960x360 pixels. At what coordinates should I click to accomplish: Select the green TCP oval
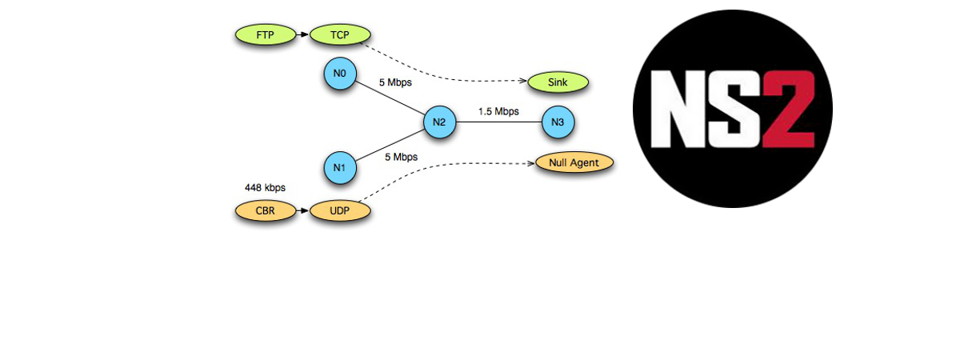click(x=340, y=34)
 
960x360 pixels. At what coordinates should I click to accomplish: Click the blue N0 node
click(x=339, y=74)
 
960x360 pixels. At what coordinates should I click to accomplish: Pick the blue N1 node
click(x=339, y=168)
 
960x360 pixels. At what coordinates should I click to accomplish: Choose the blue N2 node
click(x=439, y=122)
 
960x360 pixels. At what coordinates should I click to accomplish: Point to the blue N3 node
click(x=558, y=122)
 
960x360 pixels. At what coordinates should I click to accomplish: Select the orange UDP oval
click(x=340, y=211)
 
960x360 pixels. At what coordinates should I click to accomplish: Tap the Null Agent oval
click(x=574, y=162)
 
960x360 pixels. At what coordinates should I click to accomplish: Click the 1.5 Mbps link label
click(x=498, y=111)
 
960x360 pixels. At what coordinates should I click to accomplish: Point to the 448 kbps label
click(x=265, y=188)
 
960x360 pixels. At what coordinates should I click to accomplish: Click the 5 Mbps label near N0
click(x=394, y=82)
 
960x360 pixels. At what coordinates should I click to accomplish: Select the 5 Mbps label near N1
click(x=401, y=157)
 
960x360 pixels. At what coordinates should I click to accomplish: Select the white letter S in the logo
click(x=734, y=108)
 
